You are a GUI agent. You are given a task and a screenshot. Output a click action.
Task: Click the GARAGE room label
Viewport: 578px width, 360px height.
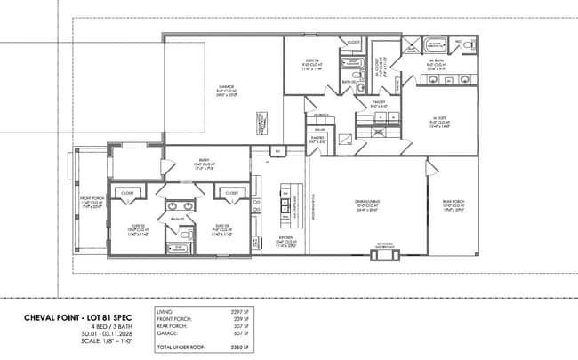(x=227, y=86)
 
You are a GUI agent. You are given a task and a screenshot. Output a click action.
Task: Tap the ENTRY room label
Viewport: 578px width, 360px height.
(x=204, y=161)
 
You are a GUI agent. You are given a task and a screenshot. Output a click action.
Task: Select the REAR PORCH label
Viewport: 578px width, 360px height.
(x=454, y=202)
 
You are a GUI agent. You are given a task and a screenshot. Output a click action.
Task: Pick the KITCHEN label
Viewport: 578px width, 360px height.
(x=286, y=238)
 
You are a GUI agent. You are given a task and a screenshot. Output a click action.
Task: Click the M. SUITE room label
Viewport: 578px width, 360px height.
(x=438, y=122)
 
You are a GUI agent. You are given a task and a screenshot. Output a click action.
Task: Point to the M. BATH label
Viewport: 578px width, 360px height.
(x=436, y=60)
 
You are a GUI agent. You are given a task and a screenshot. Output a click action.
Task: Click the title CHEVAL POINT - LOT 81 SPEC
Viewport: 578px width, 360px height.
(x=66, y=317)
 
